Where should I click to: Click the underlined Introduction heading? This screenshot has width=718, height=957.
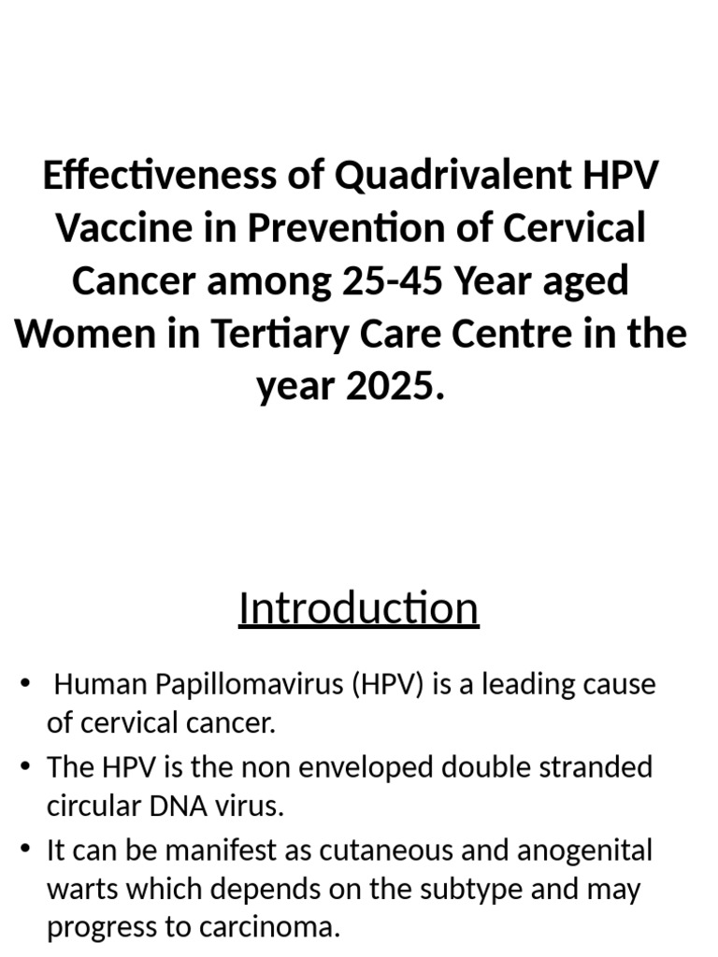point(358,608)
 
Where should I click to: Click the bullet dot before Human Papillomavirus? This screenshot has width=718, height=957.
point(25,685)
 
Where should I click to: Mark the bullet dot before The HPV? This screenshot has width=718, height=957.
point(25,768)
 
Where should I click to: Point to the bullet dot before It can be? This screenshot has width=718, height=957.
point(25,851)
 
